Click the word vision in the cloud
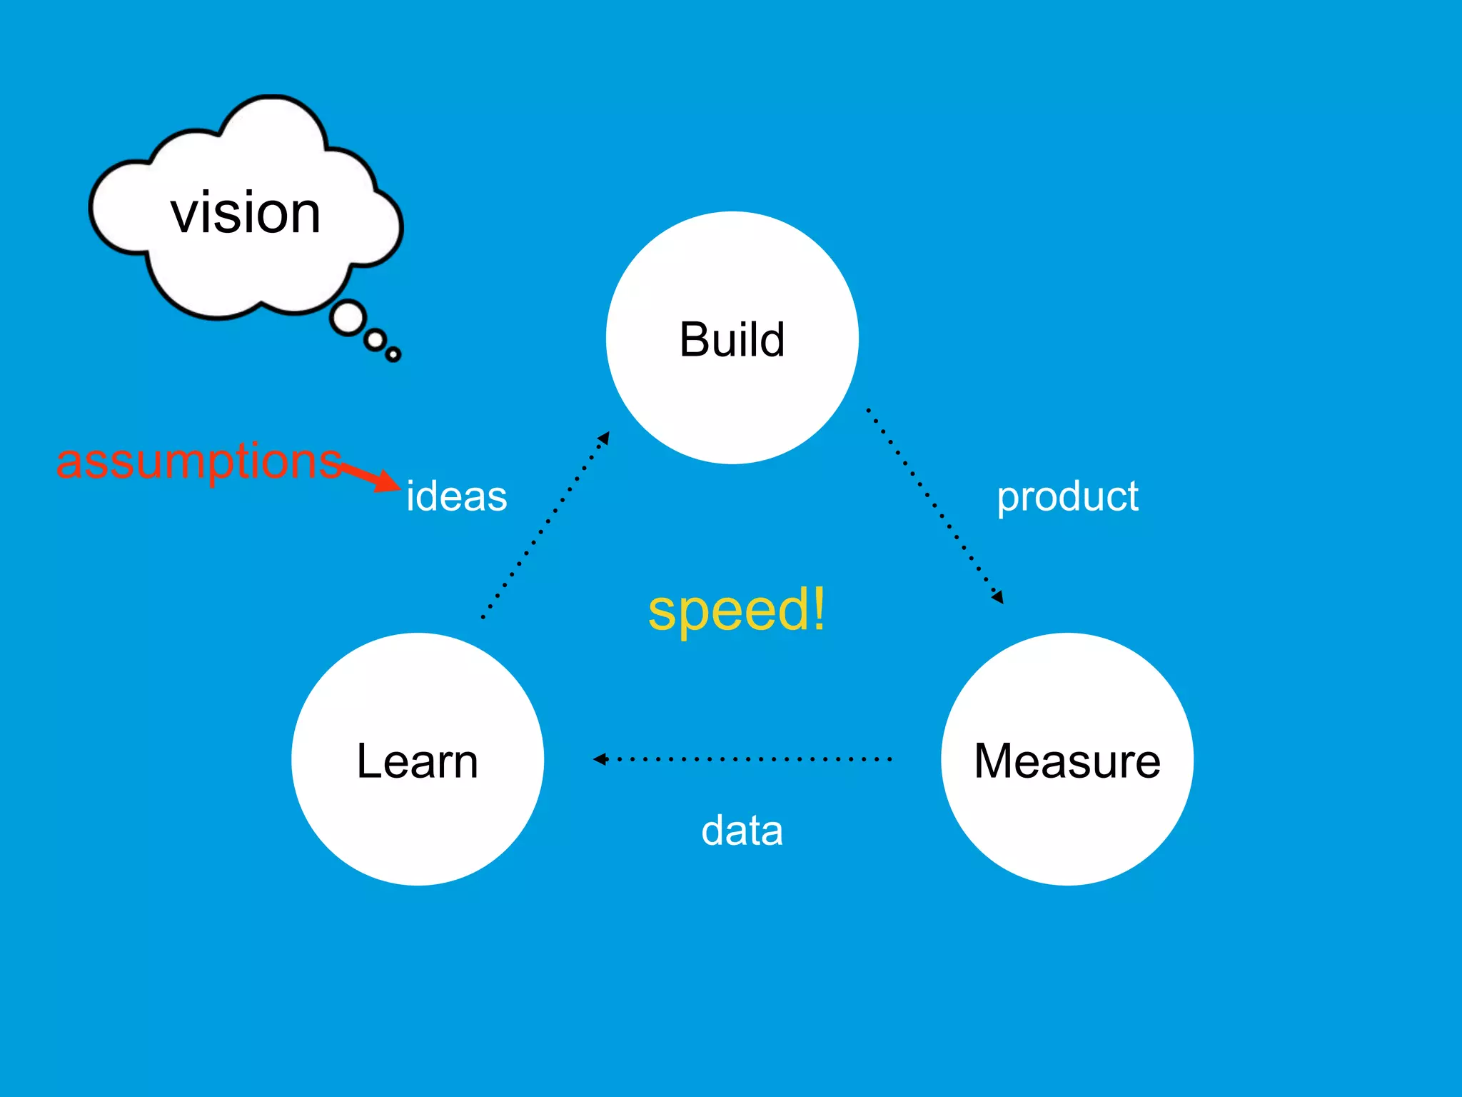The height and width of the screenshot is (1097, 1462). [x=246, y=213]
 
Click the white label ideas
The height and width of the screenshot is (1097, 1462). [x=456, y=496]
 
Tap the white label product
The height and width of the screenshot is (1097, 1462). [x=1067, y=496]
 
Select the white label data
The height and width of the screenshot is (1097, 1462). [x=742, y=831]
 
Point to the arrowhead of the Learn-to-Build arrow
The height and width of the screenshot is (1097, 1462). [x=604, y=438]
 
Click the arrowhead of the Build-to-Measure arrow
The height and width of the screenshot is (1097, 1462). [x=998, y=597]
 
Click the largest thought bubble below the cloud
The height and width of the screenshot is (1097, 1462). [x=348, y=319]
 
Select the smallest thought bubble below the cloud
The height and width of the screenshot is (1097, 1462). [x=393, y=354]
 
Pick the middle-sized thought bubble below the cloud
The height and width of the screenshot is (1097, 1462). [x=375, y=340]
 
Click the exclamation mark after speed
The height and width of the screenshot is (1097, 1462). [x=818, y=608]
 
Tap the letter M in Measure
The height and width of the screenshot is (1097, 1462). [x=996, y=761]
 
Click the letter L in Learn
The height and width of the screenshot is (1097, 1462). [x=369, y=761]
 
